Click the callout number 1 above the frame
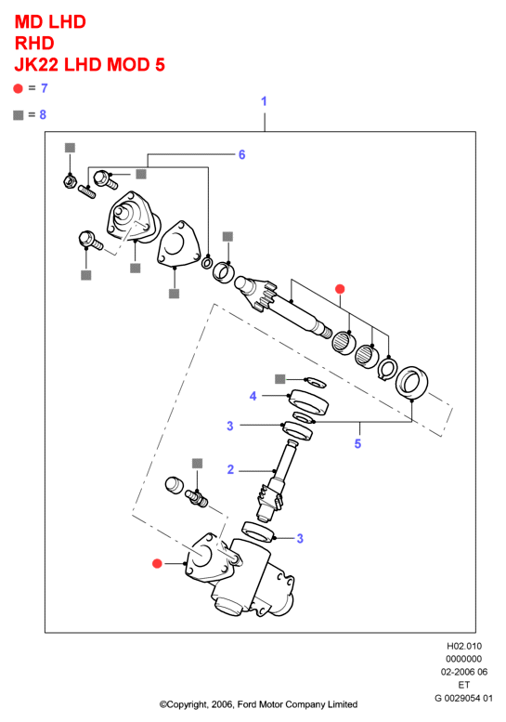(x=264, y=101)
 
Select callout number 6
(x=242, y=154)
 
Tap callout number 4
(x=253, y=396)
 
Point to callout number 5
(x=357, y=444)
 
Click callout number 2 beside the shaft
(x=230, y=469)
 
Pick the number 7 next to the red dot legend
(x=45, y=88)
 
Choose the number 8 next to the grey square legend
(x=43, y=114)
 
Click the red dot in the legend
(x=18, y=88)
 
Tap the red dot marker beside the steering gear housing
(x=157, y=563)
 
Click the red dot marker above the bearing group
(x=340, y=289)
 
